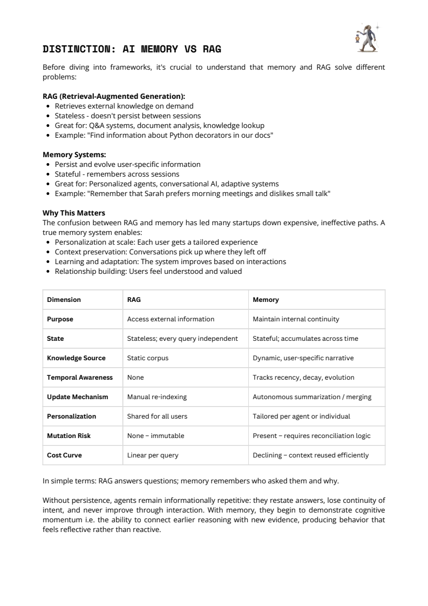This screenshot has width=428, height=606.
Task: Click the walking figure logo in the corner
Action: (368, 38)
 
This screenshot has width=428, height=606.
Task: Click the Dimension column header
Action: (64, 299)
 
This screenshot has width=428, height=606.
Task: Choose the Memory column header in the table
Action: (266, 299)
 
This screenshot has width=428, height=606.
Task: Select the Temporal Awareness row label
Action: (80, 377)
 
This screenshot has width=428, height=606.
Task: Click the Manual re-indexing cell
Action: (157, 396)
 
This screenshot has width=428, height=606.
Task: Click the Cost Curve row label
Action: (64, 455)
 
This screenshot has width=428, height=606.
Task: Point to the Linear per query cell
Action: (152, 455)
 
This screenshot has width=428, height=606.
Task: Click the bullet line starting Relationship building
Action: (148, 271)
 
